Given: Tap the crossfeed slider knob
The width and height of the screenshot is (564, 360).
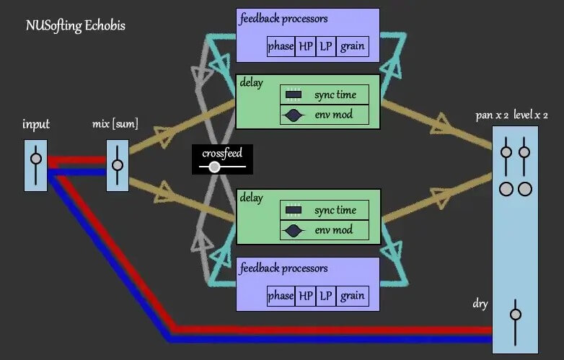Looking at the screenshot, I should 214,167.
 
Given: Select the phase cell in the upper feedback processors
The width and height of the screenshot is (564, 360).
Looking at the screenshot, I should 281,46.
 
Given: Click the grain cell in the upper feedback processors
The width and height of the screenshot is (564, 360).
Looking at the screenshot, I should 353,46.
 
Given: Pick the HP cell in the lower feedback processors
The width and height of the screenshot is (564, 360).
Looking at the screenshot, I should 306,296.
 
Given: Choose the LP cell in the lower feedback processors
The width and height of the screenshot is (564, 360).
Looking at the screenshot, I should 327,296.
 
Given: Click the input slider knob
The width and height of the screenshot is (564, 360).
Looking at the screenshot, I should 35,159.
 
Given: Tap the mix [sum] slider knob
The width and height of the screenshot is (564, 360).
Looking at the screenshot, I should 118,164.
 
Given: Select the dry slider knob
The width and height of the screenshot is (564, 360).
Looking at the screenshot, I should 515,314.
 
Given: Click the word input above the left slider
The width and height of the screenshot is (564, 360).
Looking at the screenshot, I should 35,125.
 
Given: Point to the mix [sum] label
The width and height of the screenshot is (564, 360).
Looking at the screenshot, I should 115,125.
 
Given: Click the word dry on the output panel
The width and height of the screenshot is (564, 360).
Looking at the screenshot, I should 480,304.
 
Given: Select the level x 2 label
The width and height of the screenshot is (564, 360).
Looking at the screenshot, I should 531,115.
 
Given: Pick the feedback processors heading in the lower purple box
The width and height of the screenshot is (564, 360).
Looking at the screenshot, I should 285,268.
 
